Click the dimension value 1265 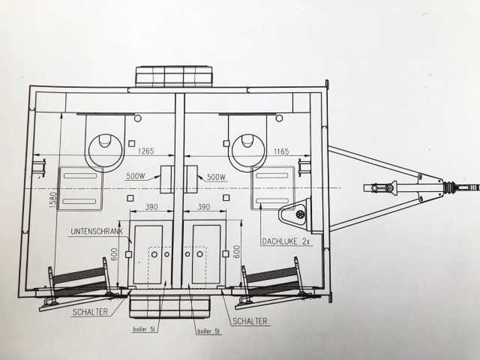click(146, 151)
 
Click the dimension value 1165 click(281, 151)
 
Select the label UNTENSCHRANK click(97, 231)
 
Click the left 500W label click(135, 176)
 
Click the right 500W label click(217, 177)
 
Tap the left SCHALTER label click(90, 312)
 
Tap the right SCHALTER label click(250, 321)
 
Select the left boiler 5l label click(145, 330)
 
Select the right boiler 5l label click(209, 331)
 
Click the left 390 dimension click(151, 207)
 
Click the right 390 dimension click(204, 207)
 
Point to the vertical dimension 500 click(114, 254)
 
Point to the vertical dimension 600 click(237, 252)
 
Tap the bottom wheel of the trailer click(170, 307)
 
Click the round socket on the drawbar click(300, 214)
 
